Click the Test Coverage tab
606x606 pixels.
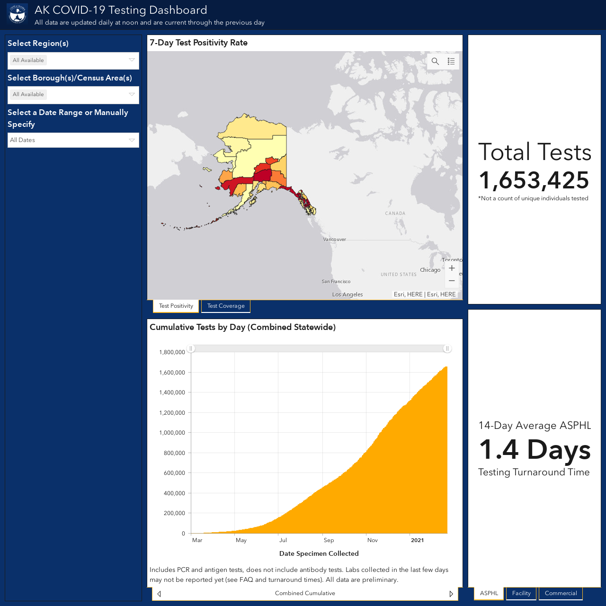tap(226, 306)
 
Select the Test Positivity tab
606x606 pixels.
tap(176, 306)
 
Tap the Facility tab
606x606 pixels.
tap(521, 593)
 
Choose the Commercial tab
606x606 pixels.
tap(561, 593)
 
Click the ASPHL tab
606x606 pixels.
tap(489, 593)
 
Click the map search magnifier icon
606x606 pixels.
tap(435, 62)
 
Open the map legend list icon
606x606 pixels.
tap(451, 62)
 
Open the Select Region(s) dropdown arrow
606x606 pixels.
tap(132, 60)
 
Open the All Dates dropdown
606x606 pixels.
tap(73, 140)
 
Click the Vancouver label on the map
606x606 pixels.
tap(335, 239)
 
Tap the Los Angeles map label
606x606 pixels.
tap(348, 294)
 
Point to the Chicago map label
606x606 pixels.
tap(430, 270)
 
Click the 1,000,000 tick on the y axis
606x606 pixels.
tap(172, 433)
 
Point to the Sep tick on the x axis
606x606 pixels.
tap(329, 540)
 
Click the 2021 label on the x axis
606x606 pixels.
tap(417, 540)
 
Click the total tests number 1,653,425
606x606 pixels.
tap(534, 180)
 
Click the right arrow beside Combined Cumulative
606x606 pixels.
tap(451, 594)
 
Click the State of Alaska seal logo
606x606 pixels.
tap(18, 14)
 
